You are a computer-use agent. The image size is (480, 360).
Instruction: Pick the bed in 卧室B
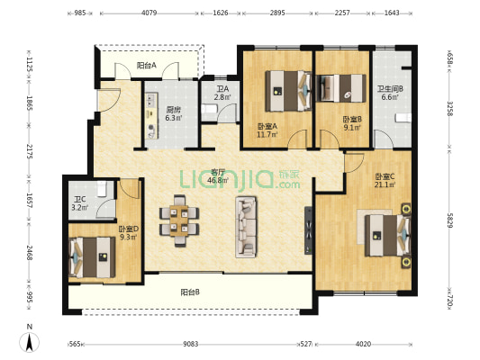342,87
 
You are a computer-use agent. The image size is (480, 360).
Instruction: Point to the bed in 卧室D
91,257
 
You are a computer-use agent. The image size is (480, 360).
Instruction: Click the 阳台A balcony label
147,66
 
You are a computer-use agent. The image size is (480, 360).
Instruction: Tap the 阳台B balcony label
189,292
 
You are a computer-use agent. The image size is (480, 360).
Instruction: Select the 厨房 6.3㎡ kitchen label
173,112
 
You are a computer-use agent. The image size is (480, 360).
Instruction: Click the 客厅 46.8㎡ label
217,175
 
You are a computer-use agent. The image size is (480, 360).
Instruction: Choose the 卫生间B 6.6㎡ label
389,94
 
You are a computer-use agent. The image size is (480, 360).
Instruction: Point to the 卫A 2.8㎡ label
222,93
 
